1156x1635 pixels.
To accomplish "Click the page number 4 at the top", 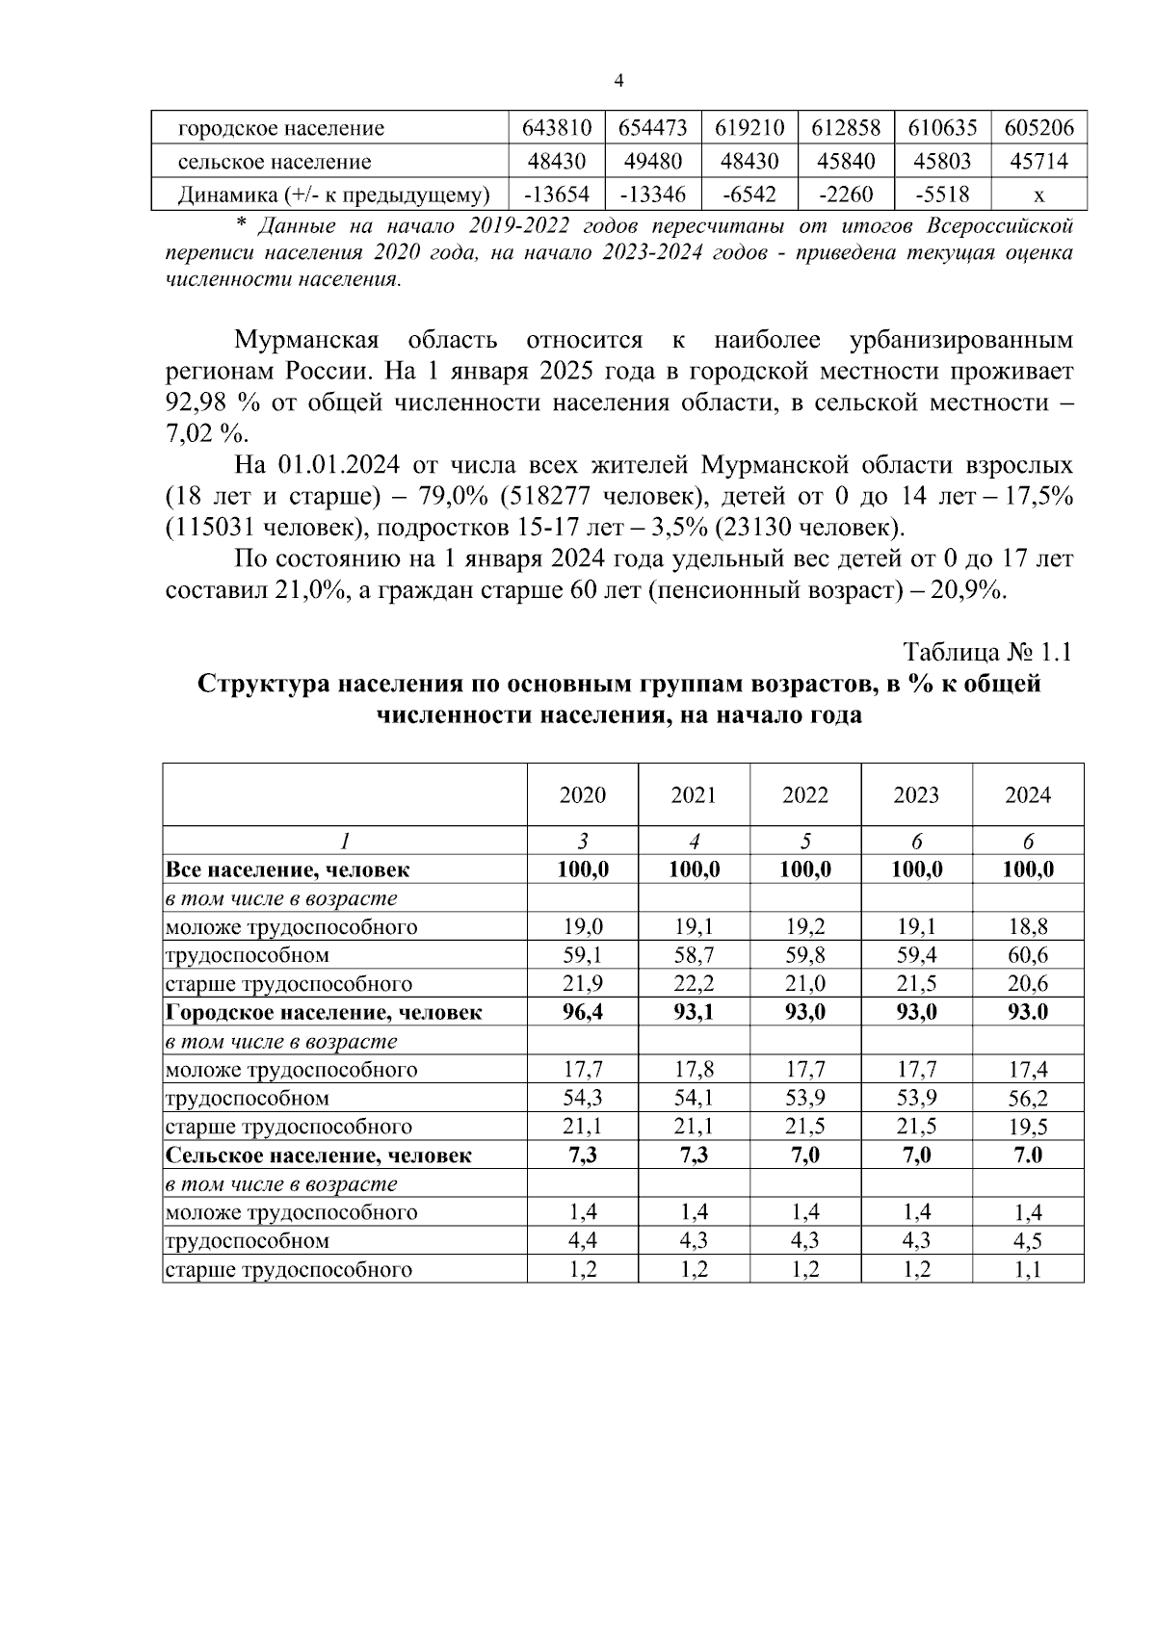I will pos(618,81).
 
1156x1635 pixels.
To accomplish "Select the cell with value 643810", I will pos(556,128).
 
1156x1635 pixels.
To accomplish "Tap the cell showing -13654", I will pos(556,195).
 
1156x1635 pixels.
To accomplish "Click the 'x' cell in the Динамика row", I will pos(1038,195).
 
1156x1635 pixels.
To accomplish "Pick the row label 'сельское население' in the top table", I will pos(275,162).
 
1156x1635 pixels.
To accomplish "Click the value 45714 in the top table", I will pos(1038,162).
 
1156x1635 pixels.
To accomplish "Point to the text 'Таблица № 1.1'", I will pos(987,652).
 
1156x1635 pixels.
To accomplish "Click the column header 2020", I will pos(583,795).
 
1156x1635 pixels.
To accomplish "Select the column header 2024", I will pos(1028,795).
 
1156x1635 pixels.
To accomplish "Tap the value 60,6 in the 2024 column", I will pos(1028,955).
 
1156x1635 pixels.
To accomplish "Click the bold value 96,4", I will pos(583,1012).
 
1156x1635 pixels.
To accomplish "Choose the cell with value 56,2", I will pos(1028,1098).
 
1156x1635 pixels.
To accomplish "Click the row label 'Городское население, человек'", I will pos(324,1012).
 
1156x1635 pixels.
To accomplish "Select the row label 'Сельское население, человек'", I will pos(319,1155).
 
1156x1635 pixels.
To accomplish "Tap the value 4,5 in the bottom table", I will pos(1028,1241).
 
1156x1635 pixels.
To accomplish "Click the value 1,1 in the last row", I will pos(1028,1269).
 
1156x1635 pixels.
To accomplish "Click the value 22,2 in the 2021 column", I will pos(694,984).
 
